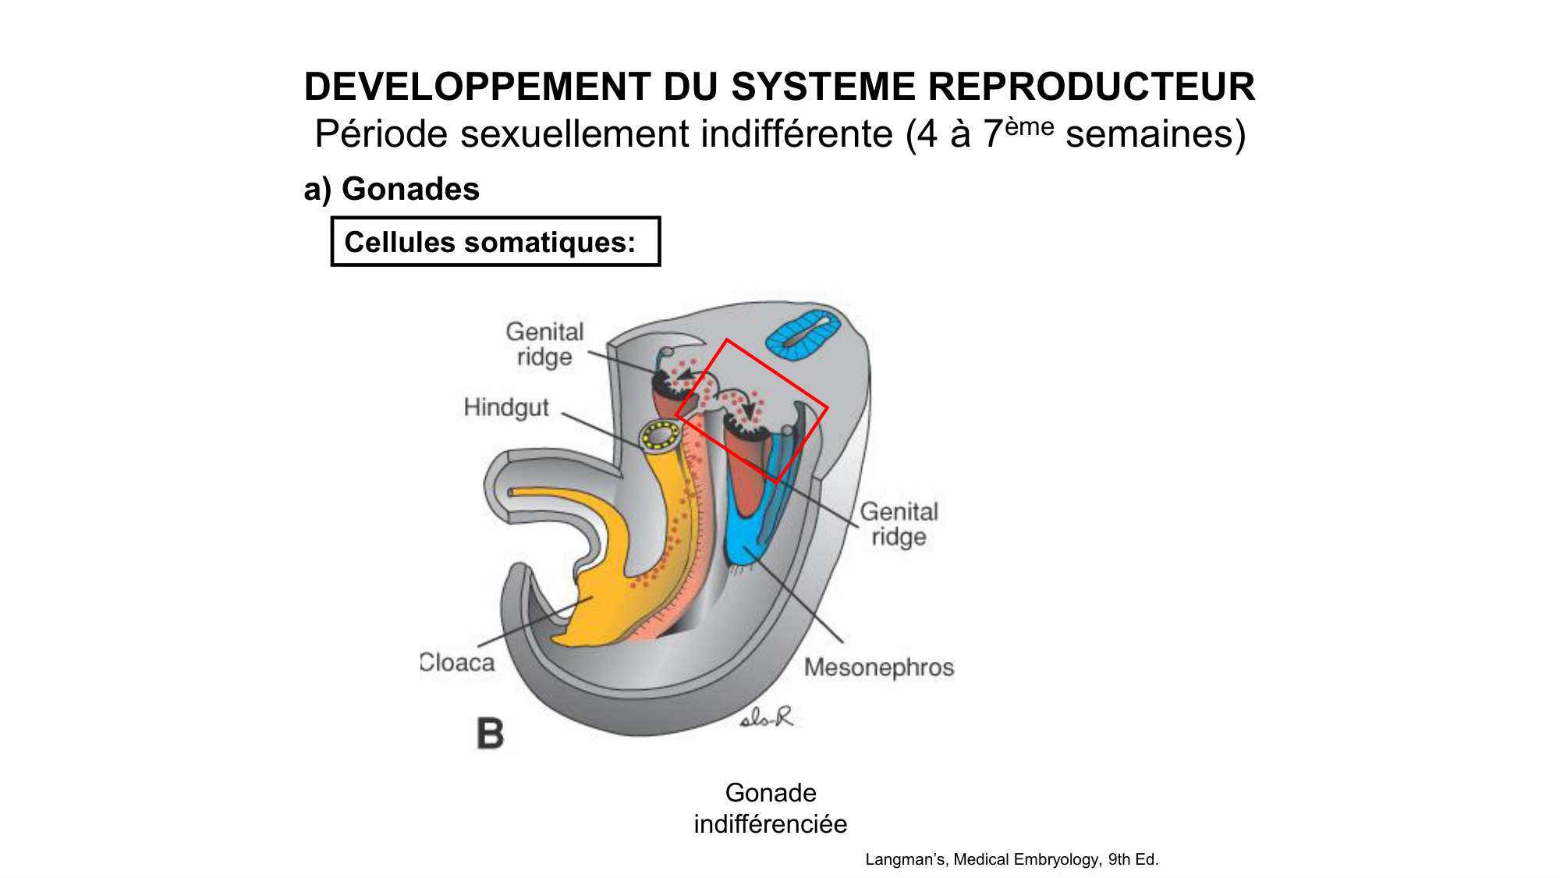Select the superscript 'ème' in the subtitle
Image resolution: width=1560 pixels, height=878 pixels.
click(1029, 126)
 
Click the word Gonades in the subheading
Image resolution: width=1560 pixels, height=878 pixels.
click(410, 190)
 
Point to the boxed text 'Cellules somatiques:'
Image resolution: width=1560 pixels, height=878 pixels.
click(491, 242)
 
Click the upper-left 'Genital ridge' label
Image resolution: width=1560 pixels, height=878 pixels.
click(544, 344)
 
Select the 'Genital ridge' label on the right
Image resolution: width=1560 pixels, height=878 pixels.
click(899, 524)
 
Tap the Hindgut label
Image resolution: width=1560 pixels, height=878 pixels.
click(506, 407)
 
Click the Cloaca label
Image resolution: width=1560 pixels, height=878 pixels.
click(458, 663)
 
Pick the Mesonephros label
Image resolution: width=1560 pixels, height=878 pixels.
click(879, 667)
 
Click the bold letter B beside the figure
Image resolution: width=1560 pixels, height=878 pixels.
click(491, 734)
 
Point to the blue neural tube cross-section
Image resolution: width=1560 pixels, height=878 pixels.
click(803, 334)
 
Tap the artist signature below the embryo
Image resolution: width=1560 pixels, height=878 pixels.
click(766, 717)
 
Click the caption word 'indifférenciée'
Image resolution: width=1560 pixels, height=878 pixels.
click(770, 824)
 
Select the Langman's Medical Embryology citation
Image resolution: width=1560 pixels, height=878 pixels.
click(1012, 859)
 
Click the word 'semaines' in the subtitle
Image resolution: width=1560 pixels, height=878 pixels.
click(1155, 134)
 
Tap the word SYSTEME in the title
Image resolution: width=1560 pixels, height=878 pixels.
click(823, 87)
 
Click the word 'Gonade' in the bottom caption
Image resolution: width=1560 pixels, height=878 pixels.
click(771, 793)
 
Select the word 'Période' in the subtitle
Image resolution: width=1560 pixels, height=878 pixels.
click(381, 134)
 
